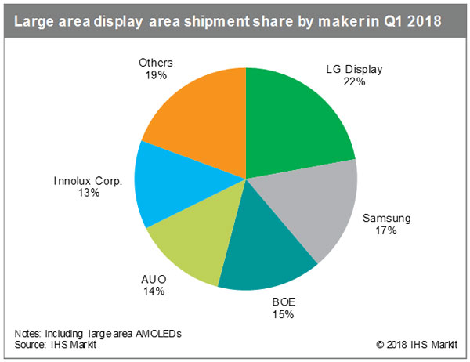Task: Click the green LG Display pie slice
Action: pyautogui.click(x=298, y=118)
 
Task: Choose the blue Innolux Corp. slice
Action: pyautogui.click(x=168, y=184)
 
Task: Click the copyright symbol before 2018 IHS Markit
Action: pyautogui.click(x=380, y=346)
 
